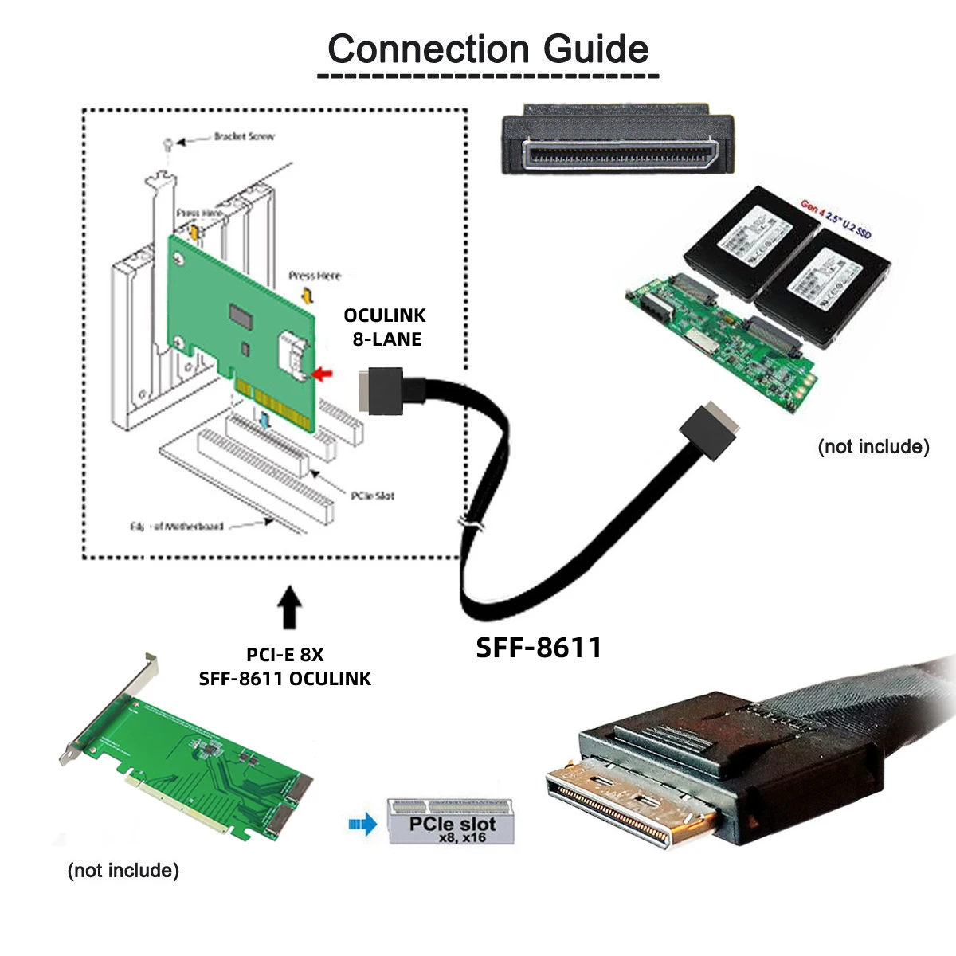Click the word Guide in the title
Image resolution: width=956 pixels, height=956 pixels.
[x=596, y=49]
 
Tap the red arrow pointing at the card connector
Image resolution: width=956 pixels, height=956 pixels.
[x=323, y=372]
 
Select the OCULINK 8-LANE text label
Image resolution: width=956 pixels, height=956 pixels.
[x=385, y=327]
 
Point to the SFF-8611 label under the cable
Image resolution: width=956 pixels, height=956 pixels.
[x=539, y=647]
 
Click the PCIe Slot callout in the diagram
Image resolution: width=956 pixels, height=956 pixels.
[x=372, y=496]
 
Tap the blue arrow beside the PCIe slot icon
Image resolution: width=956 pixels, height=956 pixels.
[x=363, y=824]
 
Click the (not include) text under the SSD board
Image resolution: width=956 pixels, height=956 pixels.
[x=873, y=446]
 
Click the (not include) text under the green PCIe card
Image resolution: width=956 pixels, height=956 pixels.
[x=123, y=870]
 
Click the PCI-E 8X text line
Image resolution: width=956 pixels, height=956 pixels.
[x=284, y=655]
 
